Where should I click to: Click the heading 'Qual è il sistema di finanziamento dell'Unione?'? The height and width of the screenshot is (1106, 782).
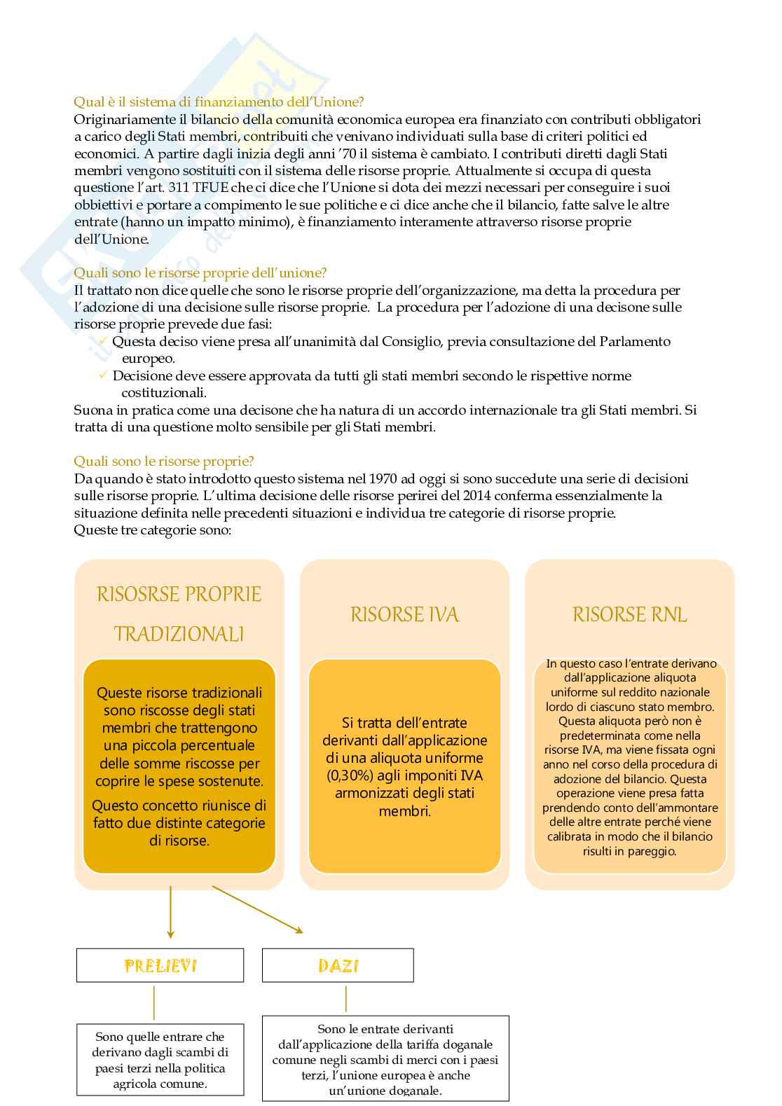coord(219,102)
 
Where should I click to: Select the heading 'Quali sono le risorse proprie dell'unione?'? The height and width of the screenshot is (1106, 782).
coord(200,273)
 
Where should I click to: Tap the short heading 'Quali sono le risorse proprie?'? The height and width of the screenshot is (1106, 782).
coord(164,461)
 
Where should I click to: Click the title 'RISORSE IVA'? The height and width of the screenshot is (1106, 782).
coord(404,615)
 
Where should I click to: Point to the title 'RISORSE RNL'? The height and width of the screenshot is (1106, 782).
coord(629,615)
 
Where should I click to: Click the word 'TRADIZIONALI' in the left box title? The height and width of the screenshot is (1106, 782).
coord(179,635)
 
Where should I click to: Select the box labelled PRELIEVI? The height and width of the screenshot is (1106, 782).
coord(160,966)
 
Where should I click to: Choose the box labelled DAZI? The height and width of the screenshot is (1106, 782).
coord(338,966)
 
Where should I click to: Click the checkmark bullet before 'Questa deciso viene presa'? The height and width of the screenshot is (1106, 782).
coord(103,341)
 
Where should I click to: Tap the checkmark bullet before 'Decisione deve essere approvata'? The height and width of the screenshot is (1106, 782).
coord(103,375)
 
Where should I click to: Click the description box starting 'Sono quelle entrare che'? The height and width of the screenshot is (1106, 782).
coord(160,1060)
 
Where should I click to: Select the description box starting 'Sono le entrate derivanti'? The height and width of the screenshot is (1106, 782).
coord(385,1058)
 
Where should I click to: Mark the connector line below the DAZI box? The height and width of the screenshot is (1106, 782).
coord(345,999)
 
